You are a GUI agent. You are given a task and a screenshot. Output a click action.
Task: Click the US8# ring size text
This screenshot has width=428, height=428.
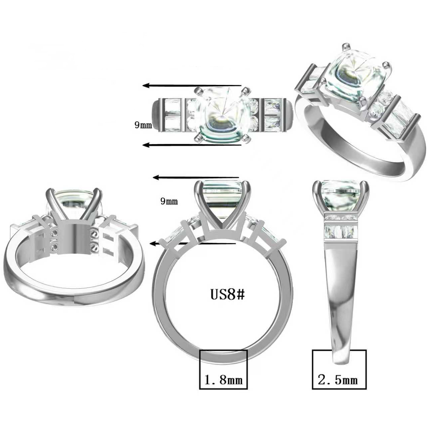(227, 295)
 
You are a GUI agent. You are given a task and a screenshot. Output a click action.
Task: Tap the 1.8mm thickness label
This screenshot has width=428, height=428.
(223, 380)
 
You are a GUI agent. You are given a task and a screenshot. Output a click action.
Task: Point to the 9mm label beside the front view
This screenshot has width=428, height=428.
(169, 201)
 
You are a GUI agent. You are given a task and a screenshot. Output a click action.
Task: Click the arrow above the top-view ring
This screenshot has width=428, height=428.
(192, 86)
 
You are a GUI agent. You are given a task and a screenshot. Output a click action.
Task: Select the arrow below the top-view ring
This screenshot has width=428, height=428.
(192, 145)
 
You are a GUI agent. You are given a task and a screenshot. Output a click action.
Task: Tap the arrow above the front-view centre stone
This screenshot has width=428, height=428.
(196, 177)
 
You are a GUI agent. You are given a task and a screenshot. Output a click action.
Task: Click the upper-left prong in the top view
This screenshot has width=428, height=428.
(198, 90)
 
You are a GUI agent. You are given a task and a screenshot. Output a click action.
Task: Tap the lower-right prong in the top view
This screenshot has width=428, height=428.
(246, 138)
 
